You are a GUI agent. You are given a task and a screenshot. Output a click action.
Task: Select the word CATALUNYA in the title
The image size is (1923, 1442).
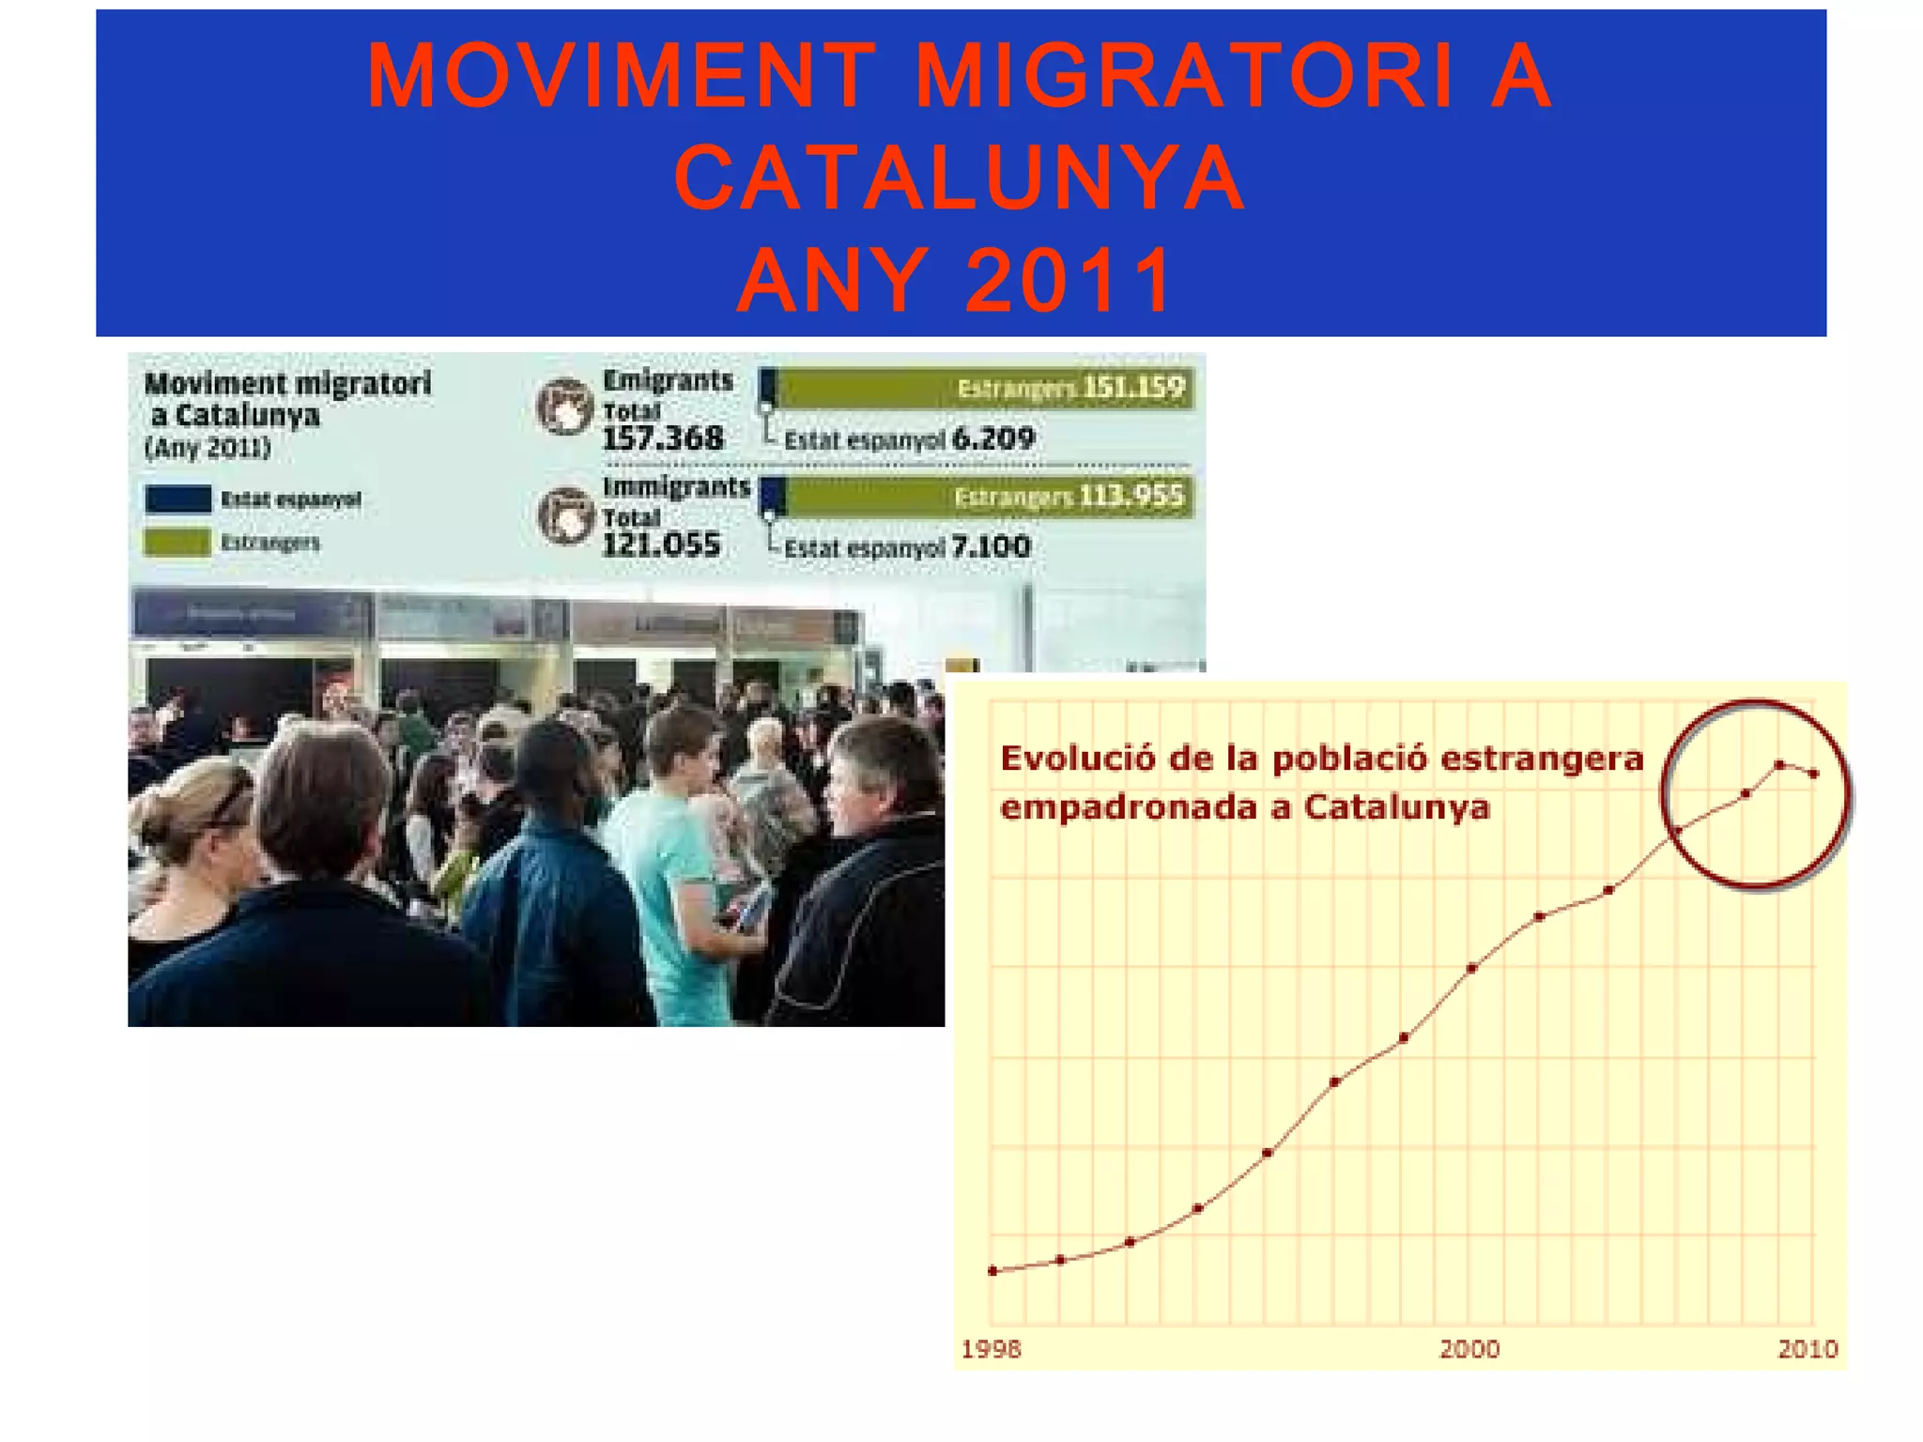click(960, 177)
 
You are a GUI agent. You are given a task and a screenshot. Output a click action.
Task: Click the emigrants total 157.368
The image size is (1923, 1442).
click(663, 438)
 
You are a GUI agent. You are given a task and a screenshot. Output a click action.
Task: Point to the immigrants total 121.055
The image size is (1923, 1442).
click(661, 545)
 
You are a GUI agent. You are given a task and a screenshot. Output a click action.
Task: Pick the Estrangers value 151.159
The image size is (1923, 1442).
click(1133, 388)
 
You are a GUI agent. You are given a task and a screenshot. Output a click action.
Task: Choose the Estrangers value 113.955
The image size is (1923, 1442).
click(1131, 496)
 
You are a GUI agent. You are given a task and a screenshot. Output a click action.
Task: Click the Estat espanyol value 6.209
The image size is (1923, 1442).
click(992, 438)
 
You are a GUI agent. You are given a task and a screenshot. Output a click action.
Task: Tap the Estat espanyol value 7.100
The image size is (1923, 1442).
click(991, 546)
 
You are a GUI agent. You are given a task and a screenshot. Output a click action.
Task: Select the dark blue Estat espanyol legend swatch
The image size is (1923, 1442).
click(178, 499)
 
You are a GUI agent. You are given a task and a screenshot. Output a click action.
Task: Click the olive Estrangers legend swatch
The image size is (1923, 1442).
click(177, 543)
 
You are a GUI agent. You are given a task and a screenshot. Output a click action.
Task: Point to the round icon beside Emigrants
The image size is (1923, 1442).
click(565, 407)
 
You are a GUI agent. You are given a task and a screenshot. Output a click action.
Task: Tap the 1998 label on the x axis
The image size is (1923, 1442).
click(992, 1349)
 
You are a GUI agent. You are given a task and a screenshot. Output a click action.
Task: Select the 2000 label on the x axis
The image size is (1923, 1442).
click(1469, 1349)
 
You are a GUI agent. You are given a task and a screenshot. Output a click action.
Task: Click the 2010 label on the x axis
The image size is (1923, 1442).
click(1808, 1349)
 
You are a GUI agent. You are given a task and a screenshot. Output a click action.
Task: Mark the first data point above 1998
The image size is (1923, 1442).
click(993, 1271)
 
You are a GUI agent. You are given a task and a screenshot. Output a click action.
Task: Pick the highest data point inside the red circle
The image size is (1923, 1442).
click(1779, 765)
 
